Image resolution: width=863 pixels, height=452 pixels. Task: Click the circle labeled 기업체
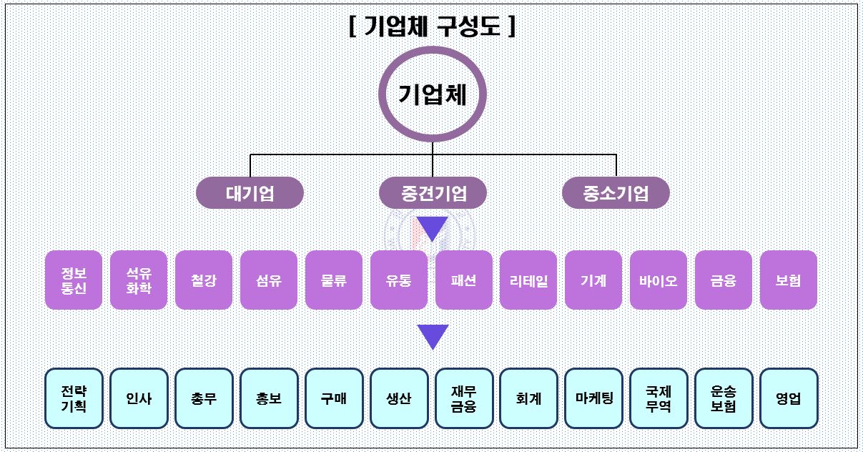click(x=432, y=95)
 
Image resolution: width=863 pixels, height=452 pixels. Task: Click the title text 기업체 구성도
click(x=432, y=26)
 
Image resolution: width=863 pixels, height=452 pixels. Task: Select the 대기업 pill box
click(x=250, y=193)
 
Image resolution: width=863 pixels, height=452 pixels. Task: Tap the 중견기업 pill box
click(x=433, y=193)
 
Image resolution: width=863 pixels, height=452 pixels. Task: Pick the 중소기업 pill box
click(x=616, y=193)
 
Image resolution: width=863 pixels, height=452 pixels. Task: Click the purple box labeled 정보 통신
click(x=74, y=280)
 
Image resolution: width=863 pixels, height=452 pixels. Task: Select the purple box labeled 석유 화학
click(x=139, y=280)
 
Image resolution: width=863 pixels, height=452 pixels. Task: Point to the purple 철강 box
click(x=204, y=280)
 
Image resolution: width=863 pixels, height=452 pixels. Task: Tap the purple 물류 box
click(x=334, y=280)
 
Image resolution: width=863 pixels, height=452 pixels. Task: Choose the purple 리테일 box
click(x=528, y=280)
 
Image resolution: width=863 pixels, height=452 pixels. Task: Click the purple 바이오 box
click(x=659, y=280)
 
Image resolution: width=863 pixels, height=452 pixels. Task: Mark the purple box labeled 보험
click(x=789, y=280)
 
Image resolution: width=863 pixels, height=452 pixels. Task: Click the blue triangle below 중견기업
click(x=433, y=228)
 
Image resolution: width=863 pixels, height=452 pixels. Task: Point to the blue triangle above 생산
click(x=433, y=337)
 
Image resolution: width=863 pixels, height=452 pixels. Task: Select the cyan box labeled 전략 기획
click(x=74, y=398)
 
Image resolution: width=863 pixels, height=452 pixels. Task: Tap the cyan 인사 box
click(x=139, y=398)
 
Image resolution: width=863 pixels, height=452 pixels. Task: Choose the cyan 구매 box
click(x=334, y=398)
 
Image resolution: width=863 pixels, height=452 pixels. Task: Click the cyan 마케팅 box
click(x=593, y=398)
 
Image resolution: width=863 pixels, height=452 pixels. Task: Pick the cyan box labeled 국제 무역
click(x=659, y=398)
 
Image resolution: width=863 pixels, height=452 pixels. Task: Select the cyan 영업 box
click(x=789, y=398)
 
